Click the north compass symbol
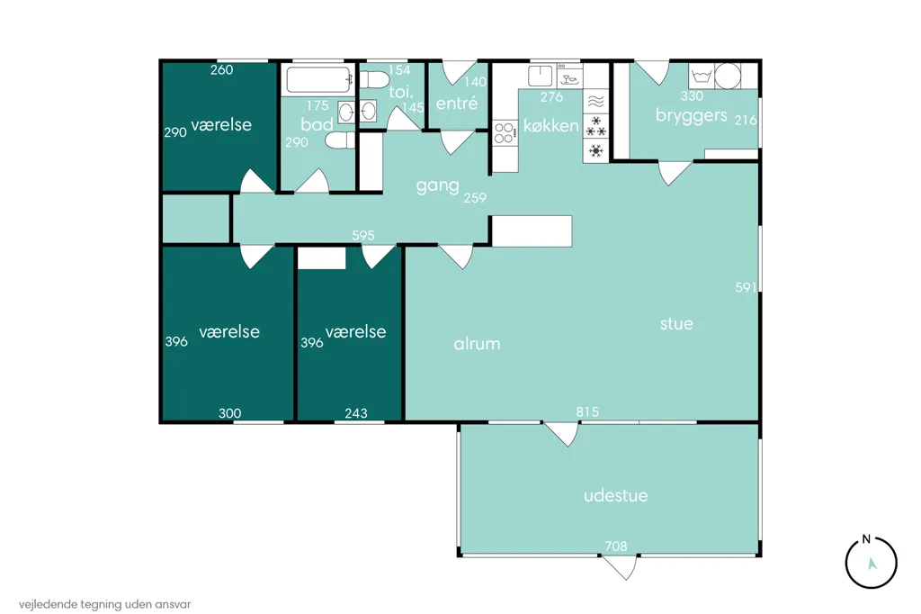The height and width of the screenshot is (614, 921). (871, 562)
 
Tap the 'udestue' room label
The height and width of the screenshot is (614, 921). (615, 495)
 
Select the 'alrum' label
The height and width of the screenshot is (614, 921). (477, 344)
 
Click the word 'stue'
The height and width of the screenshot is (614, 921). (676, 323)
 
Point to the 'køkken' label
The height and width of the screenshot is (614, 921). (551, 125)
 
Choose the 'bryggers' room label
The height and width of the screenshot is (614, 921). (692, 115)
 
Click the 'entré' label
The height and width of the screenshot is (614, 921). (457, 104)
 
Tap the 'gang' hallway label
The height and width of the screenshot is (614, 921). (438, 186)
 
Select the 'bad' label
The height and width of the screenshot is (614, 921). (317, 123)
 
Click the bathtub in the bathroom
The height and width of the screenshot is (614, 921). (317, 79)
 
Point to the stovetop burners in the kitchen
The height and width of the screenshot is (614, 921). (504, 132)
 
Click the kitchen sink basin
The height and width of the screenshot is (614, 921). (541, 76)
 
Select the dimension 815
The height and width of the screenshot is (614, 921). (587, 411)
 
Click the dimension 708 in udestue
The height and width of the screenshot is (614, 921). (615, 546)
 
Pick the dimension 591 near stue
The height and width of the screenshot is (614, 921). (746, 287)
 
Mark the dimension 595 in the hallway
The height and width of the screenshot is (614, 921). (363, 235)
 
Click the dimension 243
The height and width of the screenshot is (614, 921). (356, 413)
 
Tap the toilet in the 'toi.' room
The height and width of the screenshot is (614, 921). (374, 79)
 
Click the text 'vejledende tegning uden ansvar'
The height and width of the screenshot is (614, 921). (104, 604)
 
